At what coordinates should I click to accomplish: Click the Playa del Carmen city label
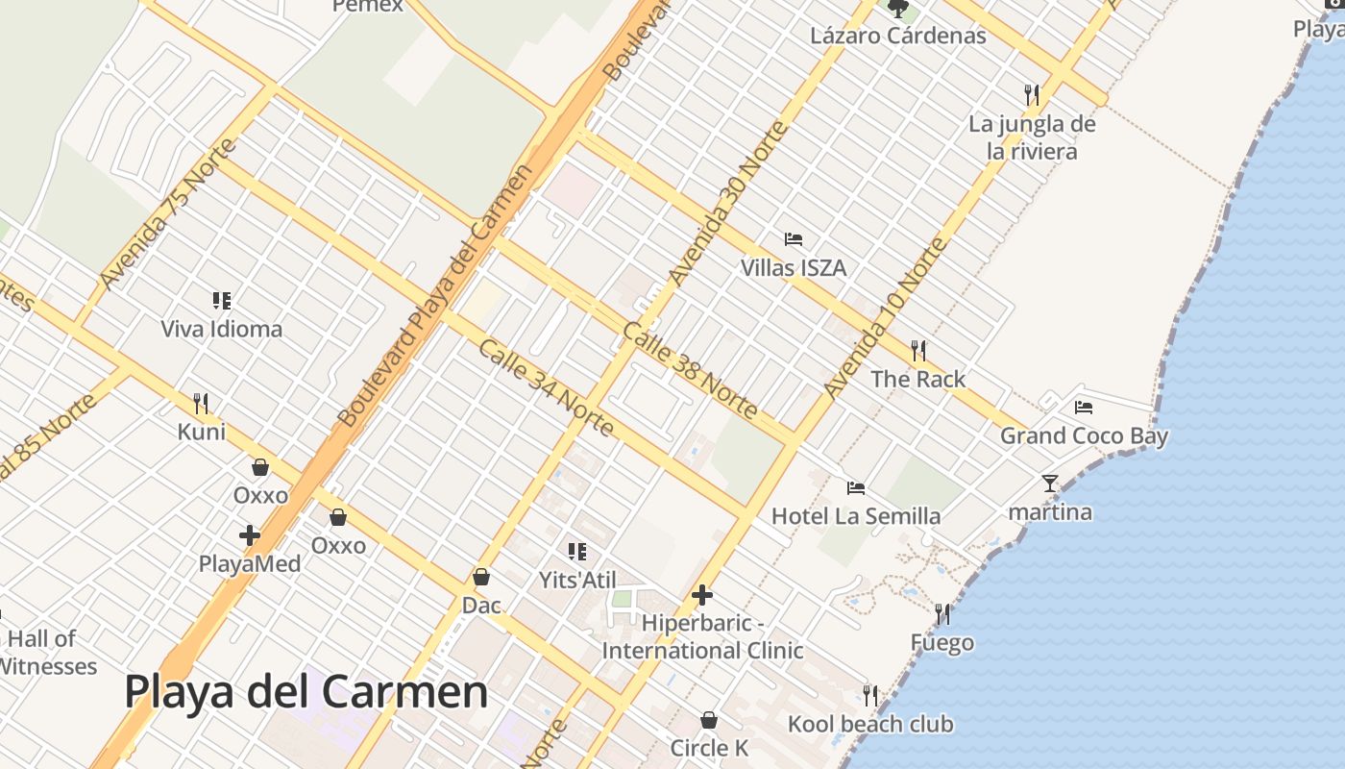[x=306, y=692]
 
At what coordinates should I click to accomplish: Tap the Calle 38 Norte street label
[x=690, y=371]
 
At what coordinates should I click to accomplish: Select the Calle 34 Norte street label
[x=545, y=386]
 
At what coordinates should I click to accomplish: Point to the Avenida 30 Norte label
[x=727, y=204]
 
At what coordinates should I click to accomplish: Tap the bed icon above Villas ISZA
[x=794, y=239]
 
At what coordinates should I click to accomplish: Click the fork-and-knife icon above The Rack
[x=918, y=351]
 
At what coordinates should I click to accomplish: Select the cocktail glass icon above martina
[x=1050, y=484]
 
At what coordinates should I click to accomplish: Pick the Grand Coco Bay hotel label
[x=1084, y=436]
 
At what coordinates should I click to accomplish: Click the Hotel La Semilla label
[x=856, y=516]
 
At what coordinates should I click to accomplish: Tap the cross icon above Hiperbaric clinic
[x=702, y=595]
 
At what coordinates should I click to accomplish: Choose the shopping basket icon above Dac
[x=481, y=577]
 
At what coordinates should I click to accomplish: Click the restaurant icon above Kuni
[x=201, y=403]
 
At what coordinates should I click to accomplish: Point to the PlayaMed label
[x=250, y=564]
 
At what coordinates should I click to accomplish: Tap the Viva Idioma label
[x=222, y=330]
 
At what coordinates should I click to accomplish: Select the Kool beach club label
[x=870, y=724]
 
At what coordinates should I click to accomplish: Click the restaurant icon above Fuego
[x=942, y=613]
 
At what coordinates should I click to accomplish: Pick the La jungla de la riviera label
[x=1032, y=137]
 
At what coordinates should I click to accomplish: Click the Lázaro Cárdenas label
[x=898, y=37]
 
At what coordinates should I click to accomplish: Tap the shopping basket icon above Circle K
[x=709, y=720]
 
